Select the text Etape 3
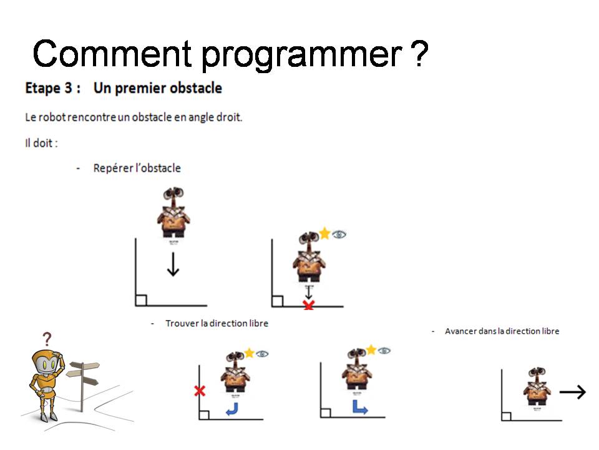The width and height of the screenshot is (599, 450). pos(49,88)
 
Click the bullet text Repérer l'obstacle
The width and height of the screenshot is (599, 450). pos(137,168)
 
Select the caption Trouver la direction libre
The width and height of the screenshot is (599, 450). pos(217,323)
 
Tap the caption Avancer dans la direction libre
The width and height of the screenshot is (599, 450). pos(502,331)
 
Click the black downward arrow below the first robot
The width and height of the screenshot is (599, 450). pos(173,264)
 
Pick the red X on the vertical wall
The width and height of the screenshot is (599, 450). pos(200,391)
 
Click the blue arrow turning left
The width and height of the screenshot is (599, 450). pos(232,409)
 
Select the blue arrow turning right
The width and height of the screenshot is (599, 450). pos(359,407)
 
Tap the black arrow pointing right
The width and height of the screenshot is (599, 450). pos(572,392)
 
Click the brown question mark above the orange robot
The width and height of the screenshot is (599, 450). pos(47,339)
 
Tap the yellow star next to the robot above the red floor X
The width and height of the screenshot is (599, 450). pos(324,232)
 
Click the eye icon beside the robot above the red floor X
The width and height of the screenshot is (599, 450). pos(339,234)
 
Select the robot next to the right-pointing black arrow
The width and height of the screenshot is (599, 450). pos(537,386)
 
